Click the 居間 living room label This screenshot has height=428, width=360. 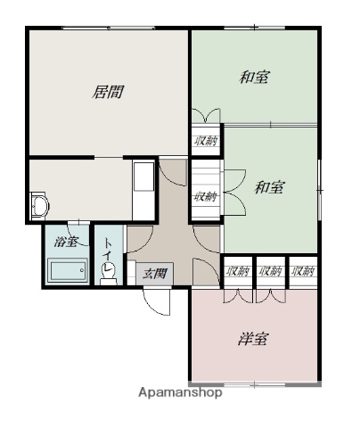click(108, 92)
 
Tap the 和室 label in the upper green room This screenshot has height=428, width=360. click(254, 78)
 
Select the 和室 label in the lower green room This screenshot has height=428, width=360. click(270, 187)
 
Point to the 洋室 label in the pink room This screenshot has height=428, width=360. click(253, 339)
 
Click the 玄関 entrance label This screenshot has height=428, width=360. click(155, 274)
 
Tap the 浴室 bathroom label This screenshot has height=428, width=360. click(66, 242)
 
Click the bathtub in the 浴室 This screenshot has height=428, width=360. click(68, 270)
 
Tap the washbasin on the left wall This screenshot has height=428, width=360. click(39, 206)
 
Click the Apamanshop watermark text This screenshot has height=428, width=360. click(180, 392)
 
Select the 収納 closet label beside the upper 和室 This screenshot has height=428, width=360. click(206, 141)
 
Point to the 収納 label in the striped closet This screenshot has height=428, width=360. click(206, 196)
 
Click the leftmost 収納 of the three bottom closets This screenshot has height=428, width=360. click(238, 271)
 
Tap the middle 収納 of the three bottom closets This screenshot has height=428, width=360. click(270, 271)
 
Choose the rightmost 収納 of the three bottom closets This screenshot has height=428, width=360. click(302, 271)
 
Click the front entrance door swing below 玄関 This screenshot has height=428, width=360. click(157, 301)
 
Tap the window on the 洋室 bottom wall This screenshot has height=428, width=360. click(255, 385)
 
